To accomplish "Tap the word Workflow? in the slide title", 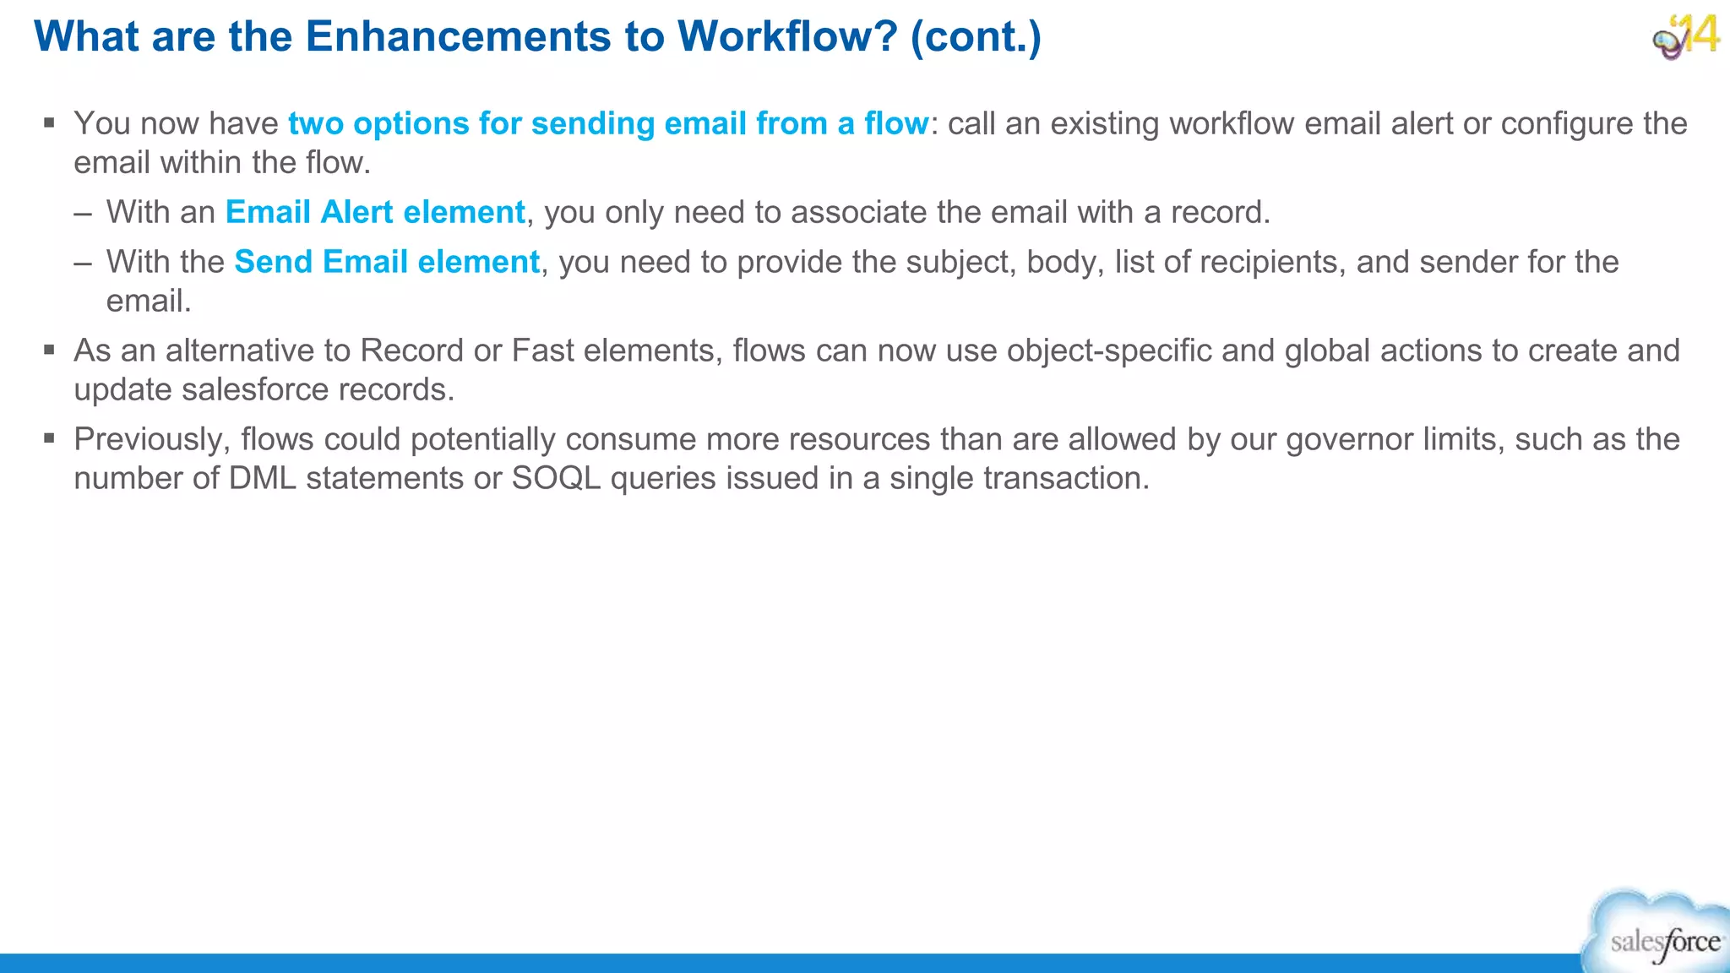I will (x=786, y=37).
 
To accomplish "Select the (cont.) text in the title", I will (x=976, y=37).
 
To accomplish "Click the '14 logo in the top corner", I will (x=1686, y=36).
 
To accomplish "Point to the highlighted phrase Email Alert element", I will (x=375, y=212).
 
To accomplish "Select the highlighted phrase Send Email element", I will (x=387, y=262).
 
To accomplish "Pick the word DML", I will (x=263, y=478).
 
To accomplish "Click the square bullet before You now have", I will (x=50, y=123).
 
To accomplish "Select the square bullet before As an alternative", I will (x=50, y=350).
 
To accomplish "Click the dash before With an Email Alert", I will (x=83, y=212).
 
